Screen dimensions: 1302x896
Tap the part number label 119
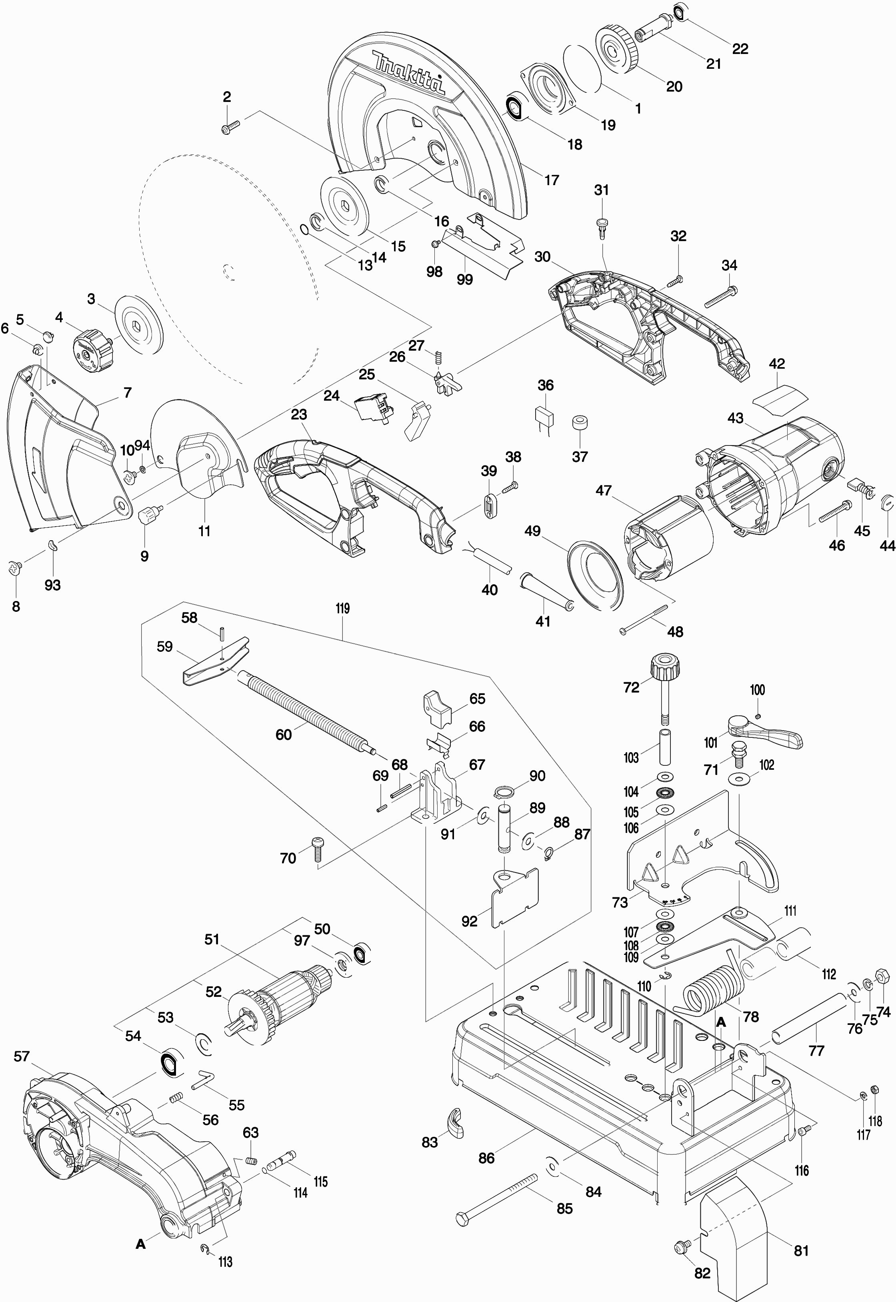tap(342, 608)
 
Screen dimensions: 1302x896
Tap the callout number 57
tap(21, 1057)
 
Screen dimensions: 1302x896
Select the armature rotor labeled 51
tap(281, 1002)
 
